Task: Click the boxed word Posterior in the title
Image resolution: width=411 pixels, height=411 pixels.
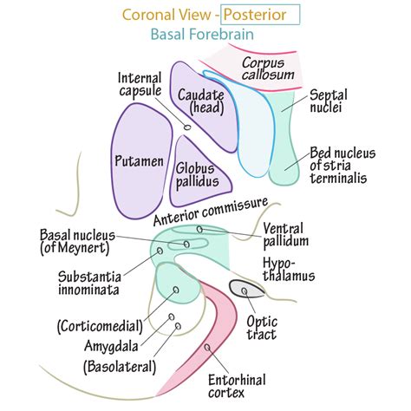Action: point(261,15)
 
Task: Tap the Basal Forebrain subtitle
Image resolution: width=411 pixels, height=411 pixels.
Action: point(206,36)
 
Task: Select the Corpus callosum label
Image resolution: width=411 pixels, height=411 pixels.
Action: point(264,69)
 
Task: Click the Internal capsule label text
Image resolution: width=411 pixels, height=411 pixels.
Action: point(140,85)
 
